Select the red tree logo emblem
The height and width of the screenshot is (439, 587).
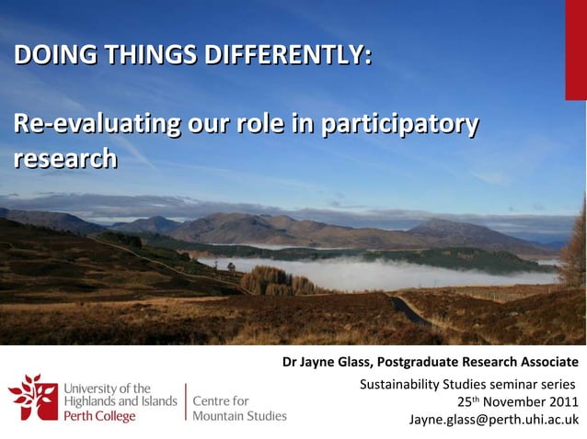32,397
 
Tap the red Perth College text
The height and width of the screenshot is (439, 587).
99,416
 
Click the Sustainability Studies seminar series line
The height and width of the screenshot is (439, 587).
466,383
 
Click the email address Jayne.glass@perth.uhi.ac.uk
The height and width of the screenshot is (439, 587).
493,420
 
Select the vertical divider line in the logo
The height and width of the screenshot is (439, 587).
185,402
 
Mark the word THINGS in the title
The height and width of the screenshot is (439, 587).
152,56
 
